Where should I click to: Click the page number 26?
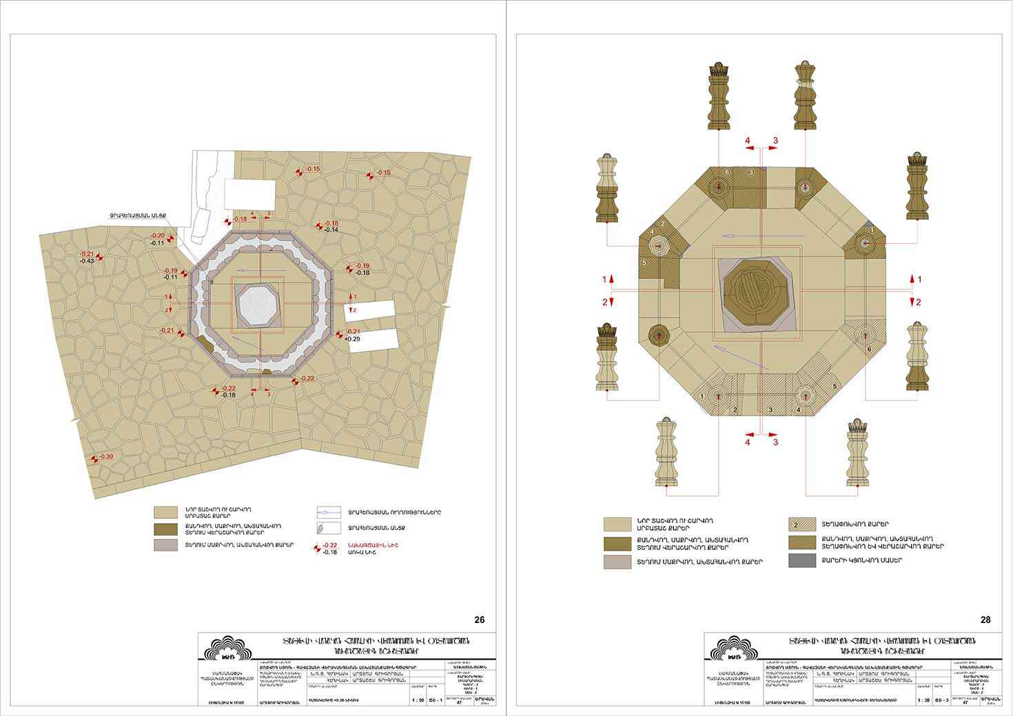pyautogui.click(x=480, y=620)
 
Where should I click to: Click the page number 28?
pyautogui.click(x=985, y=620)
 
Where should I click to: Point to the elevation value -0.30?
pyautogui.click(x=106, y=457)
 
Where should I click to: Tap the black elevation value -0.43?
pyautogui.click(x=87, y=260)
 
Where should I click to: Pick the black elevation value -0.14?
pyautogui.click(x=331, y=229)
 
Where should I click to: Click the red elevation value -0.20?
pyautogui.click(x=158, y=236)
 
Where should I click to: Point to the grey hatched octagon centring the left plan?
pyautogui.click(x=257, y=304)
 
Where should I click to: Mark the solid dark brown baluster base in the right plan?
pyautogui.click(x=659, y=336)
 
